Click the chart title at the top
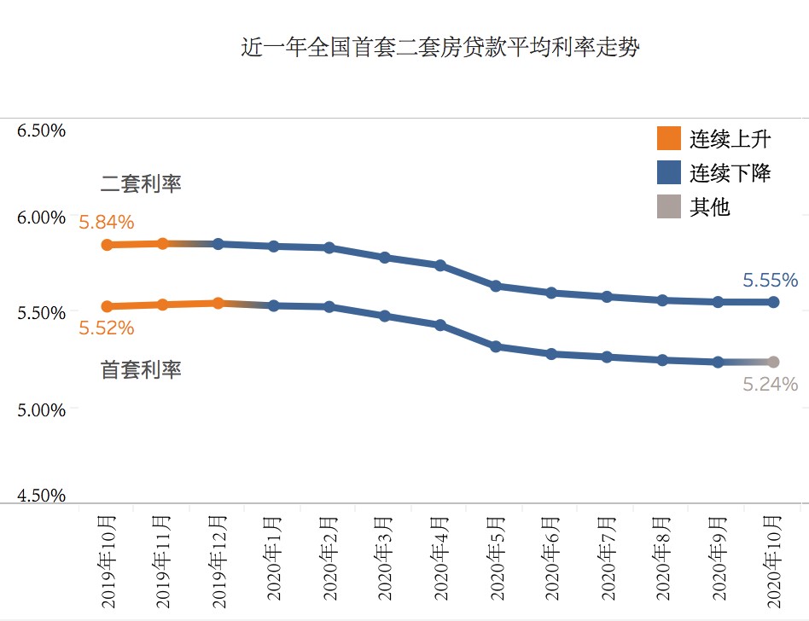439,47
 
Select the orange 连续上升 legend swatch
669,138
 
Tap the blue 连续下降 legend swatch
669,172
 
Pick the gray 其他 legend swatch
669,206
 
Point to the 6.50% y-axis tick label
41,131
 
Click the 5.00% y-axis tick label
41,410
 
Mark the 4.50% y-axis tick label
41,496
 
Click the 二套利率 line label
141,183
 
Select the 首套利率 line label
141,370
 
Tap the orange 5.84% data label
107,223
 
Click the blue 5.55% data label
770,280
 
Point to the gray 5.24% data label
770,385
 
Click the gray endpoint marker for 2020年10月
774,362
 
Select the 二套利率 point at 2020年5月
496,286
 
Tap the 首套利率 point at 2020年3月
385,316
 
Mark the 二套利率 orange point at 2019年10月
107,245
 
